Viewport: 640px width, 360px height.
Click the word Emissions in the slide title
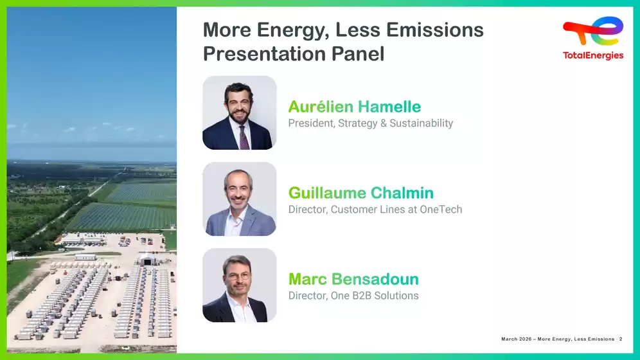[x=434, y=30]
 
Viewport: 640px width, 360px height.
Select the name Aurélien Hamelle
[x=354, y=107]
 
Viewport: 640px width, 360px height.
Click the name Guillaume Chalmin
[x=361, y=193]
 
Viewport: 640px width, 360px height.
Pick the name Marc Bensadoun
[x=353, y=279]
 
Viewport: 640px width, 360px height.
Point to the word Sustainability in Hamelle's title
[x=422, y=123]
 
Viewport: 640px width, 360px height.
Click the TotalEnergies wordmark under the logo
[x=593, y=55]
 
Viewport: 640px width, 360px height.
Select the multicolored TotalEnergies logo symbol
[x=593, y=32]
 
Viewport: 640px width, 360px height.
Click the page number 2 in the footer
[x=621, y=339]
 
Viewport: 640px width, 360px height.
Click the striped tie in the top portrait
[x=244, y=138]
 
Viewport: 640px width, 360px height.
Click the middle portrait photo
[x=240, y=199]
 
